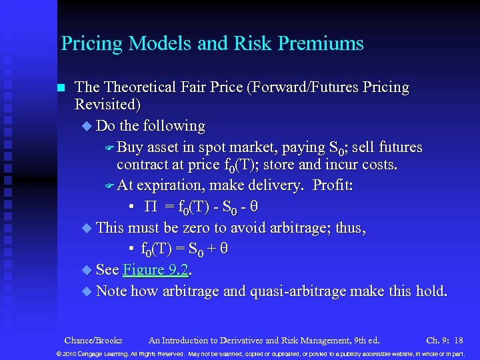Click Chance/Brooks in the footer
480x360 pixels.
point(93,340)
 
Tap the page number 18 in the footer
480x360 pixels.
point(458,340)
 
